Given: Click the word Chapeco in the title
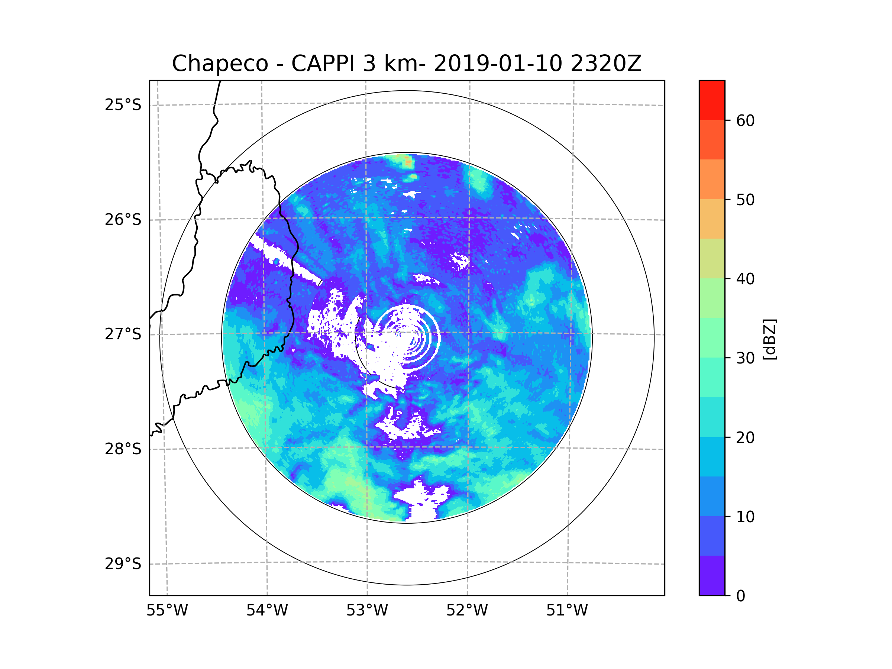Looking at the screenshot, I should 220,64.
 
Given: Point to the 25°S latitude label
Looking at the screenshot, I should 123,105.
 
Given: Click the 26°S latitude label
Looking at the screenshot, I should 123,220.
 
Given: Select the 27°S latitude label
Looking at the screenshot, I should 123,334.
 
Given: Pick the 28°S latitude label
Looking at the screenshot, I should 123,449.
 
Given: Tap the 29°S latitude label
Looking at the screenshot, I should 123,564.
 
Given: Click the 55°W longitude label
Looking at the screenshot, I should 167,611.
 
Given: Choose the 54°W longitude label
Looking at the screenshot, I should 267,611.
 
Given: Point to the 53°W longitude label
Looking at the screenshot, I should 367,611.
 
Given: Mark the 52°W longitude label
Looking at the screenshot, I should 467,611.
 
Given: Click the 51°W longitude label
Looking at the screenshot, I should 567,611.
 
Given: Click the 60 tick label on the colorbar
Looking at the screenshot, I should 745,120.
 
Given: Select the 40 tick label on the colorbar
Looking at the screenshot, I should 745,279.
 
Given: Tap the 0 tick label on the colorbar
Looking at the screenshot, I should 741,596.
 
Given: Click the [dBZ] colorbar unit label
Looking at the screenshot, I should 769,340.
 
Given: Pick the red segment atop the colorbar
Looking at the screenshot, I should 712,100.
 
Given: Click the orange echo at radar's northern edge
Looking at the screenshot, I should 408,162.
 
